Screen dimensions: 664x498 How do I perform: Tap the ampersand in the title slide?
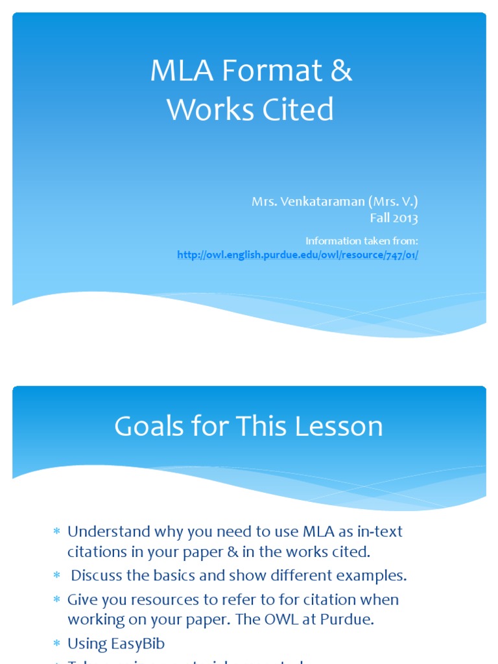[340, 71]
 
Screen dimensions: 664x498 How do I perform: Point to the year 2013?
[405, 218]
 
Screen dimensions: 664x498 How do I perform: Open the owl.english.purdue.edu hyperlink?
[298, 255]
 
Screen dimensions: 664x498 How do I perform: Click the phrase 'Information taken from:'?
[362, 241]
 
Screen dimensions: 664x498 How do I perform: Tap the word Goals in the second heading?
[154, 426]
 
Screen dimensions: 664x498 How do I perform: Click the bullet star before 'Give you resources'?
[56, 600]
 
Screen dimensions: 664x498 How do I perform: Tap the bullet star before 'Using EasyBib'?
[56, 644]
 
